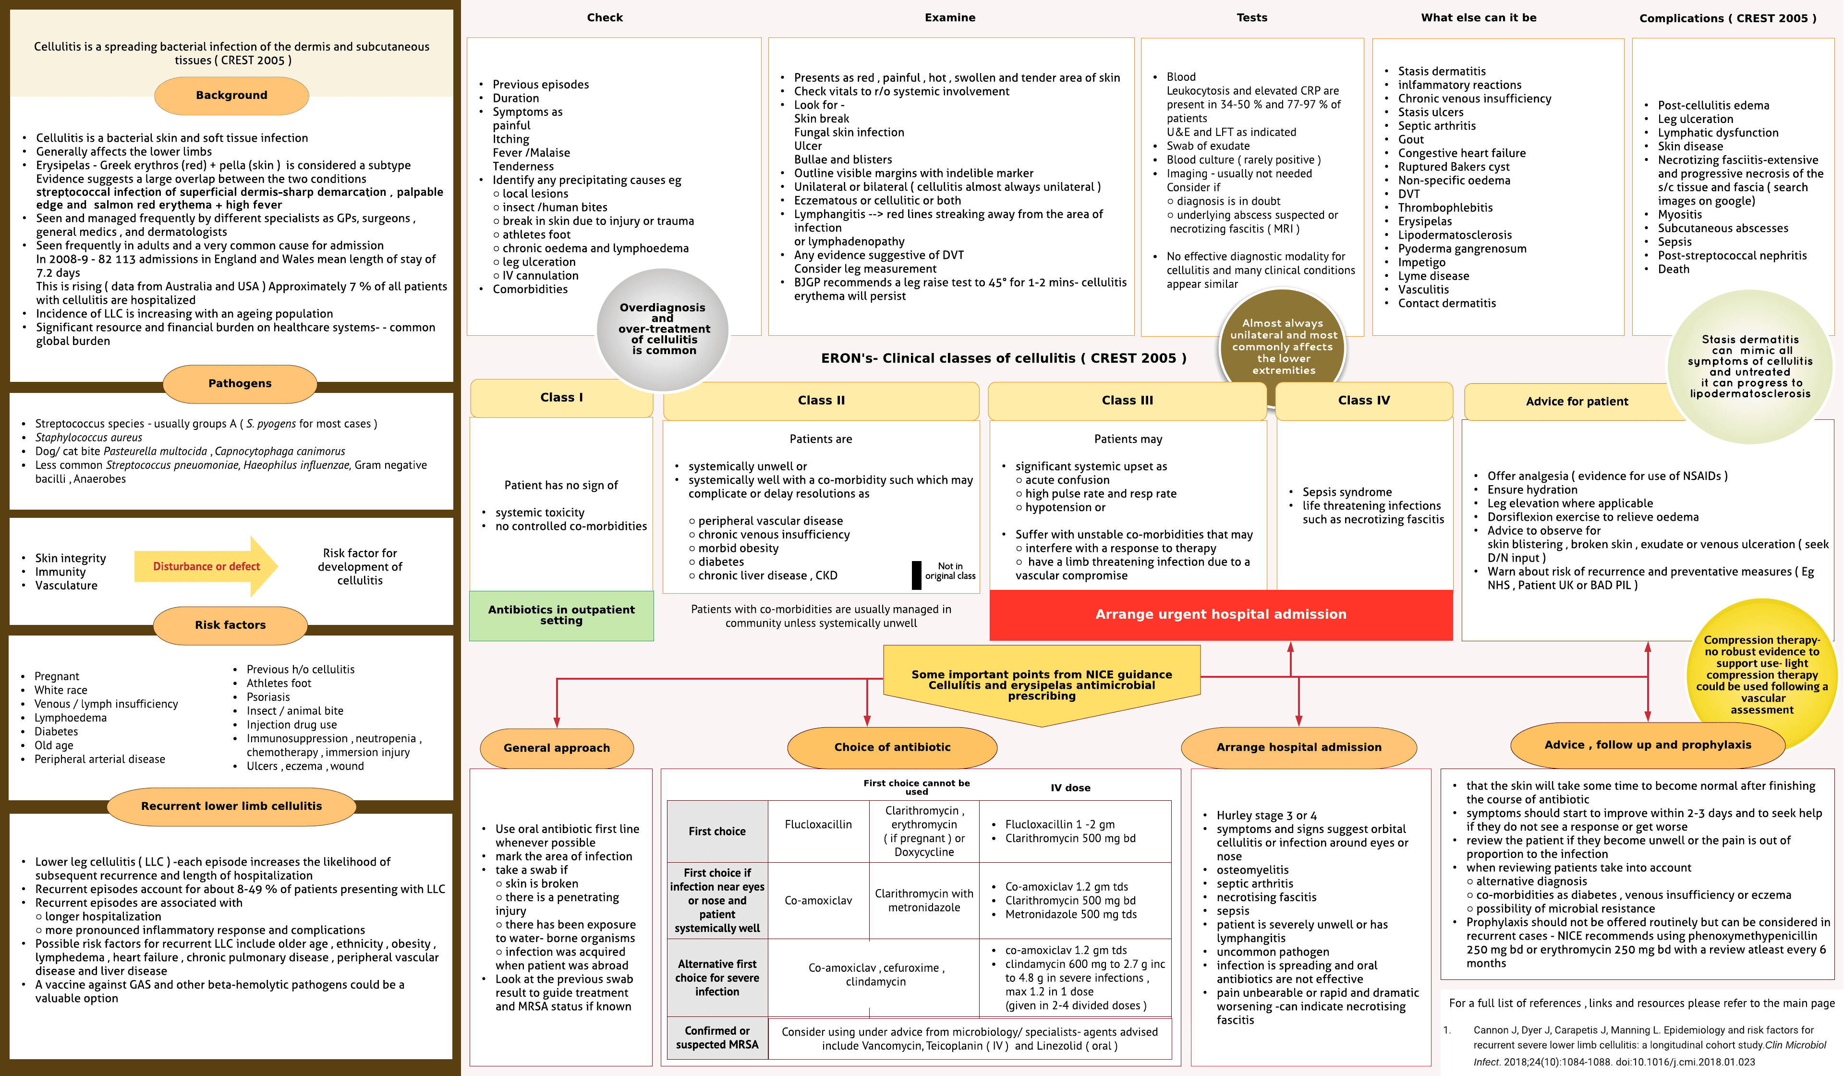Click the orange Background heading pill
[231, 95]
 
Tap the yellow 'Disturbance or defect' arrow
[206, 566]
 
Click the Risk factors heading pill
[230, 625]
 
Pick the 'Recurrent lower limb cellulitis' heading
[231, 806]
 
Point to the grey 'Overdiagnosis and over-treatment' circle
[663, 330]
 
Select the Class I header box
[561, 397]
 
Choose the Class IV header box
[1364, 401]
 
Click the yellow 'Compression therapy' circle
[1761, 674]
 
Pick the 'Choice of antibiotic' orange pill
[892, 747]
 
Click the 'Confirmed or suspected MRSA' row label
[717, 1038]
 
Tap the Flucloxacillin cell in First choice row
[818, 825]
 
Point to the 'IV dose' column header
[1070, 788]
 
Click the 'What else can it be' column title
[1478, 18]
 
